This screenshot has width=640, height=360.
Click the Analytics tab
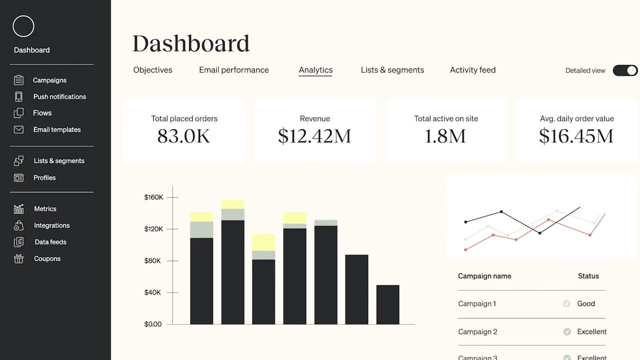315,70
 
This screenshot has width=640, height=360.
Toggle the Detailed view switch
625,70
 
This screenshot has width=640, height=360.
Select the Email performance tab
233,70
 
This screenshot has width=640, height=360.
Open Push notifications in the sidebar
59,96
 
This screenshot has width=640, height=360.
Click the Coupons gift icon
18,258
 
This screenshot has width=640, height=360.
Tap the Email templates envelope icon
18,129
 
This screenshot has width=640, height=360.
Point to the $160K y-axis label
153,197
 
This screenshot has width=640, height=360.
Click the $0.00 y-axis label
152,324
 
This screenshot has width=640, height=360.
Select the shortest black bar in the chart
387,304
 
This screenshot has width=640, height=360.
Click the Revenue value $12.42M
314,136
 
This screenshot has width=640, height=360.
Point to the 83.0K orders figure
183,136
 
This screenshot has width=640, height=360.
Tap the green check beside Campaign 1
566,303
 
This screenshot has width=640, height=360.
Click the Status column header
588,276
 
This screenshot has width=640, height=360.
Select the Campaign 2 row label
477,331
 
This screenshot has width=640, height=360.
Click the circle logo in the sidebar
23,26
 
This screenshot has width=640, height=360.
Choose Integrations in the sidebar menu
51,225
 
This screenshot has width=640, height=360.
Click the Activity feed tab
472,70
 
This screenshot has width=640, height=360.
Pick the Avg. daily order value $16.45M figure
576,136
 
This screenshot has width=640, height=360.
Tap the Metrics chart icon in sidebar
18,209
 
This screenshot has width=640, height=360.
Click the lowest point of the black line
539,233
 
